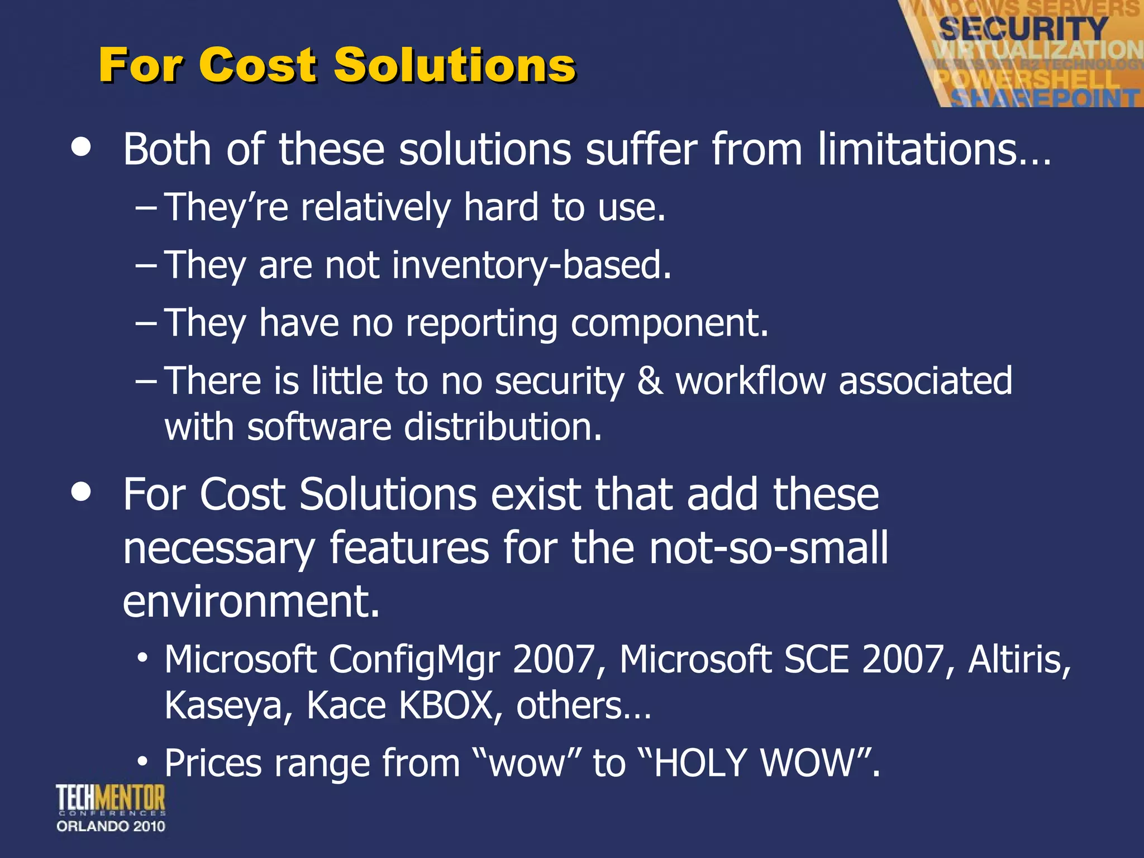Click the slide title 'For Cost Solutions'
(x=337, y=65)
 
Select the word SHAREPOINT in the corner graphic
(x=1045, y=98)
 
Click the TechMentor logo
(x=111, y=799)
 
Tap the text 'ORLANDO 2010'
(x=111, y=826)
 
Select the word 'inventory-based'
(x=531, y=265)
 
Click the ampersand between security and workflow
(x=650, y=381)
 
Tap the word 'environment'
(x=251, y=602)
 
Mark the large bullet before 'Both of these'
(x=82, y=147)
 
